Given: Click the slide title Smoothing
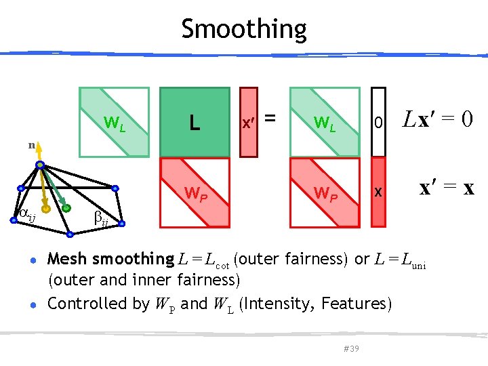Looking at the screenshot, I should [244, 29].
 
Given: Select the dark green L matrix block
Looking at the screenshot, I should [195, 122].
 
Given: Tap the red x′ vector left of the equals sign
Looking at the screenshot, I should [249, 122].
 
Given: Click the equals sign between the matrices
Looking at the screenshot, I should [270, 119].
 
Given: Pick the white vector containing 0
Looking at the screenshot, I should [379, 122].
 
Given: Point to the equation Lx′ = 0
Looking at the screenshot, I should [438, 120].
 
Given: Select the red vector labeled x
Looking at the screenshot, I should [379, 192].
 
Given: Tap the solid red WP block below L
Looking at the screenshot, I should [195, 192].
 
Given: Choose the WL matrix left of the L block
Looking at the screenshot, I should [114, 122].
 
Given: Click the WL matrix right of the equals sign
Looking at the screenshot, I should [324, 122].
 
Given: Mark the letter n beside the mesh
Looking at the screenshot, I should [31, 145].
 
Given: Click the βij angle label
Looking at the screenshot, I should [100, 218].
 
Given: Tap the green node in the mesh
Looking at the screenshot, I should [66, 209].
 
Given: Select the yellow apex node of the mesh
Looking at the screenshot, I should [40, 165].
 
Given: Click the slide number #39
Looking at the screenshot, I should [351, 348].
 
